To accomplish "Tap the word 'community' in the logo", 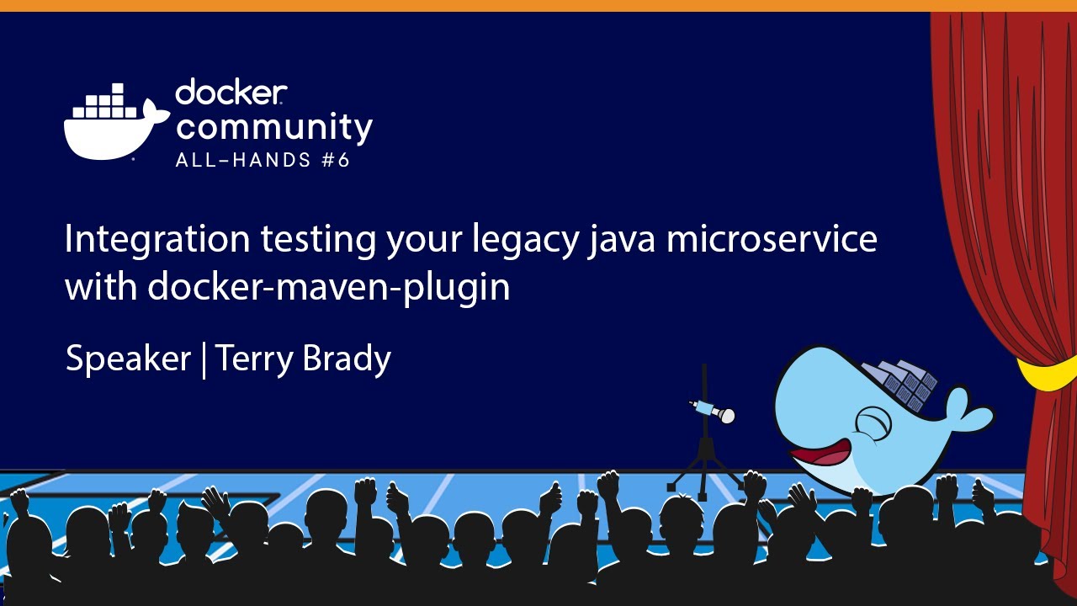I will (274, 127).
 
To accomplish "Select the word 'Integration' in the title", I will (157, 240).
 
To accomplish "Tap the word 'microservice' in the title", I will (772, 240).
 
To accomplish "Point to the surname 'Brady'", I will (347, 359).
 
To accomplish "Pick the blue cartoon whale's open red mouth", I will (820, 454).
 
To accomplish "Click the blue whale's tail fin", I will (968, 412).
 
